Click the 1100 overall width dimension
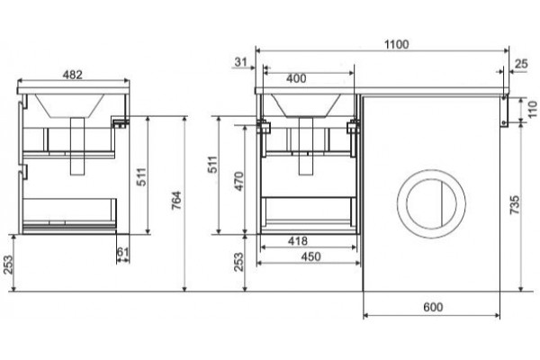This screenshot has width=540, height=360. click(x=396, y=44)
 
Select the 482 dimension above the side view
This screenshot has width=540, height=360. click(x=72, y=75)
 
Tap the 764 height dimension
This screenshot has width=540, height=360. click(x=176, y=200)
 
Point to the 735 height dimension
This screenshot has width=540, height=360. click(x=514, y=204)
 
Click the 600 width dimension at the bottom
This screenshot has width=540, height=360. click(x=433, y=307)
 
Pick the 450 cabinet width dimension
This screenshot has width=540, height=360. click(x=310, y=256)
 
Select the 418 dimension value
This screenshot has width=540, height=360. click(x=298, y=241)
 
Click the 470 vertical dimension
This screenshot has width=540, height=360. click(x=238, y=181)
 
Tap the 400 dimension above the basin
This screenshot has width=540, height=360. click(x=296, y=78)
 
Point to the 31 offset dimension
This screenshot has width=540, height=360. click(x=240, y=62)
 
